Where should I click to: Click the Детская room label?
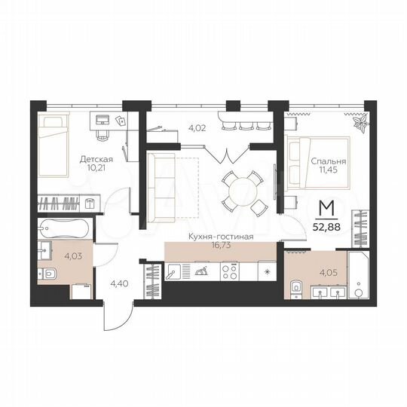click(96, 159)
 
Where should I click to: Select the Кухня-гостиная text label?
click(221, 237)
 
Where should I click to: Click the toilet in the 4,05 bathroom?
click(296, 286)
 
